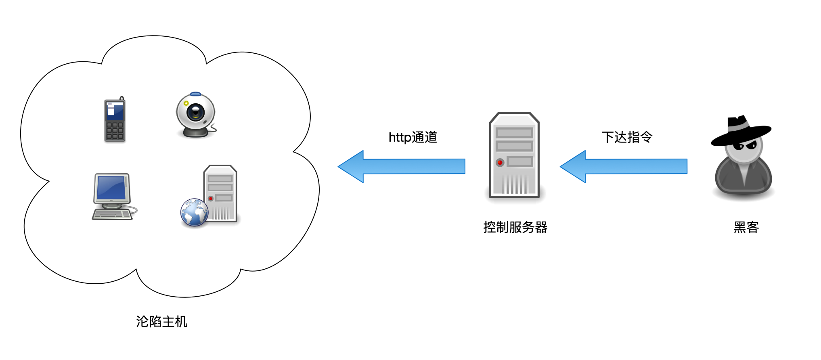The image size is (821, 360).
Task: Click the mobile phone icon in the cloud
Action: click(x=115, y=120)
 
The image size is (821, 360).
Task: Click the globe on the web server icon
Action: click(x=194, y=212)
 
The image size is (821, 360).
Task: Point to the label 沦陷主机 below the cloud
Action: click(x=161, y=322)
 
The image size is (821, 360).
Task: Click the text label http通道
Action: click(x=413, y=137)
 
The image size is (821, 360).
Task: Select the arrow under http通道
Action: click(x=402, y=166)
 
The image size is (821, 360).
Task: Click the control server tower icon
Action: click(x=514, y=155)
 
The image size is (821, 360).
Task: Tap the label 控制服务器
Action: click(x=515, y=227)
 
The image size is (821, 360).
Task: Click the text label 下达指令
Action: click(x=627, y=137)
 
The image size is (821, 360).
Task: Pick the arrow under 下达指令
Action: click(x=624, y=166)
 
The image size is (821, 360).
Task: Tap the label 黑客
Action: click(x=746, y=227)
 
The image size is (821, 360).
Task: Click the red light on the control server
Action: click(x=500, y=163)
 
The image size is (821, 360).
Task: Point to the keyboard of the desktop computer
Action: click(x=112, y=214)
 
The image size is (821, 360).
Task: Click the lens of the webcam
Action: click(x=196, y=112)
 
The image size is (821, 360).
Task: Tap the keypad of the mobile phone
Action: click(x=115, y=131)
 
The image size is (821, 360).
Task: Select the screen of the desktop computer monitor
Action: click(x=111, y=188)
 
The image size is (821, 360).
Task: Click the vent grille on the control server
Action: click(x=515, y=184)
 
